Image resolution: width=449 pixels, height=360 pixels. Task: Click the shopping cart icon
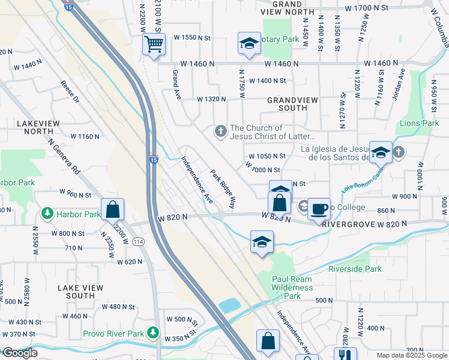tap(154, 44)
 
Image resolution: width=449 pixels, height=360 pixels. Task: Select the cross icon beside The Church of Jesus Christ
tap(220, 131)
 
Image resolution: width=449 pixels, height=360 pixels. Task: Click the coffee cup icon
tap(319, 209)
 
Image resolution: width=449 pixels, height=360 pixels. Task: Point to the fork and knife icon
tap(345, 355)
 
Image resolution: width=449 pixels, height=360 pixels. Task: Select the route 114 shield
tap(138, 241)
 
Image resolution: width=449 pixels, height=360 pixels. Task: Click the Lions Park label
tap(419, 123)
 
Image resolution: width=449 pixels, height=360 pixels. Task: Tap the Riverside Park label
tap(354, 269)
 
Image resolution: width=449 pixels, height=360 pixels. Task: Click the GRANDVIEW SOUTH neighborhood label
tap(287, 104)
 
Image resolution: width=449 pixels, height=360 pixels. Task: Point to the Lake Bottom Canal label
tap(363, 181)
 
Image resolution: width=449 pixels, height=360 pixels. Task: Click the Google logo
tap(19, 353)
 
